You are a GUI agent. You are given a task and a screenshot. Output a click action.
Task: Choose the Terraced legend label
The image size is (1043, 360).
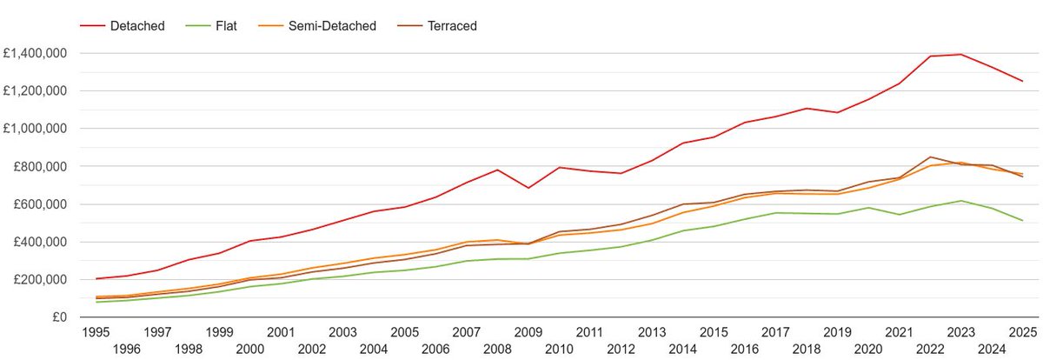click(x=452, y=26)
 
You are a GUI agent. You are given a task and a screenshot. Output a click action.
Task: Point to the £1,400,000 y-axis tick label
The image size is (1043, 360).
click(x=37, y=53)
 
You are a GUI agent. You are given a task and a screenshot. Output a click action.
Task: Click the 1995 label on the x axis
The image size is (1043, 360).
click(x=96, y=331)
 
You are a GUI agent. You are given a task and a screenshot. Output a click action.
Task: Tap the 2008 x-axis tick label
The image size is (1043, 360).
click(x=497, y=348)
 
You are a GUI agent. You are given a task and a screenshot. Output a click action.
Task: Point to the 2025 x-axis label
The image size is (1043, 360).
click(x=1022, y=331)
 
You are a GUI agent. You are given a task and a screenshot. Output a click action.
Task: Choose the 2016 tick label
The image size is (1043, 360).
click(x=745, y=348)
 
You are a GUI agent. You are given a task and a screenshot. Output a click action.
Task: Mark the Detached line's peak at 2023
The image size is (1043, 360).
click(x=960, y=54)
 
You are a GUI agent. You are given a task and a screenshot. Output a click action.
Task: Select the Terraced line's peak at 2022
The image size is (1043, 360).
click(x=930, y=157)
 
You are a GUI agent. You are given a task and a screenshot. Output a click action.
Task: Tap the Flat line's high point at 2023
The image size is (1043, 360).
click(x=960, y=201)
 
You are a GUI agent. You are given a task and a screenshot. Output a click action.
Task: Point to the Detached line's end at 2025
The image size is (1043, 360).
click(x=1022, y=81)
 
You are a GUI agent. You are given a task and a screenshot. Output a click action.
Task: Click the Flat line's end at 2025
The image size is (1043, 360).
click(x=1022, y=220)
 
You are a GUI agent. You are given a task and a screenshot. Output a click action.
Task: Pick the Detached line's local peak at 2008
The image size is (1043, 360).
click(x=497, y=170)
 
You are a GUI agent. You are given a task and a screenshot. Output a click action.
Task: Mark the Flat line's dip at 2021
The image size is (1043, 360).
click(x=899, y=214)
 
